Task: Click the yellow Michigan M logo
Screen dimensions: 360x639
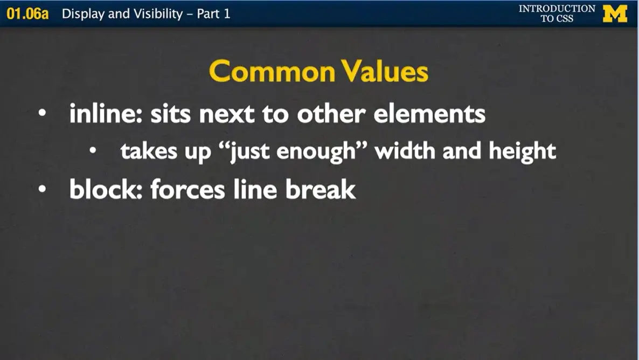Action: (615, 13)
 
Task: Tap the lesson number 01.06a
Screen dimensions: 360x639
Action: (27, 13)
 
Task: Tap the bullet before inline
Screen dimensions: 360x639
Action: (41, 115)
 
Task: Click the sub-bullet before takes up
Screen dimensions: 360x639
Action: (93, 152)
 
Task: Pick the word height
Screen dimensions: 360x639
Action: (522, 151)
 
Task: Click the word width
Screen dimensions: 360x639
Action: (406, 151)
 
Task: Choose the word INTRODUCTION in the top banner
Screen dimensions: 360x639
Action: (557, 9)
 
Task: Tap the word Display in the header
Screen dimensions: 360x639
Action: (83, 13)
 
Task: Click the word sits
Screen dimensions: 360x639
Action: (170, 114)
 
